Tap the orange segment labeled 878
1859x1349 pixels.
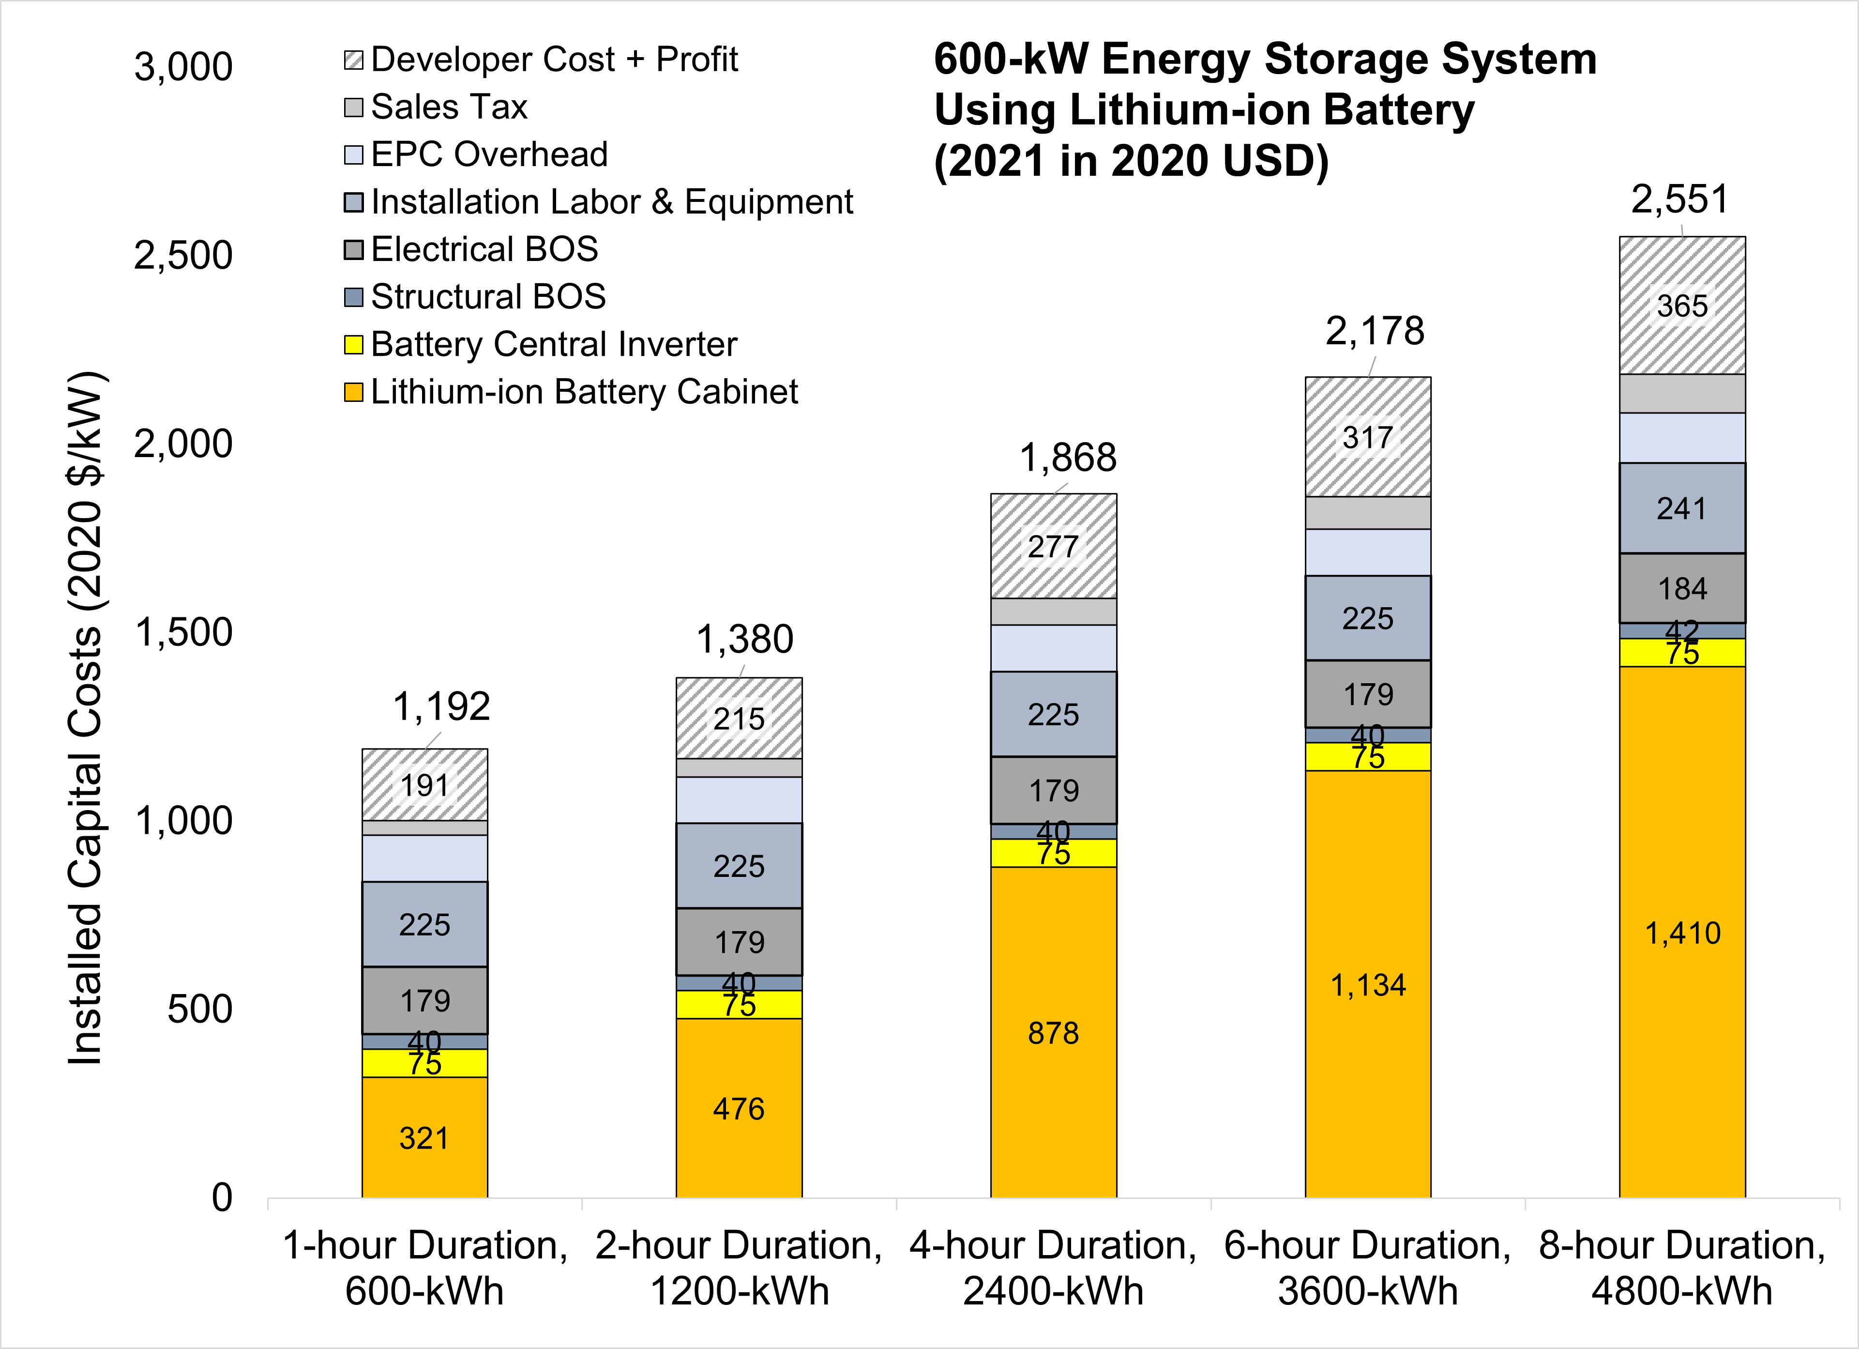1053,1032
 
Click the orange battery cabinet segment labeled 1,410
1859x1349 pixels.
1682,933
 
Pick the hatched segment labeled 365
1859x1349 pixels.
1682,306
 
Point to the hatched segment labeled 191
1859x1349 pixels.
424,785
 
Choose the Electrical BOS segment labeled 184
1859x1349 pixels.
1682,588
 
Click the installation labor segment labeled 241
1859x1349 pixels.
1682,508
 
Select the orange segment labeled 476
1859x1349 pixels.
739,1109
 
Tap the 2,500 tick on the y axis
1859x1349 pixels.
183,256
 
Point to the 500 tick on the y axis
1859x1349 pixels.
200,1010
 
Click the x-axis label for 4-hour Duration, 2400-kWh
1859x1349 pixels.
1053,1268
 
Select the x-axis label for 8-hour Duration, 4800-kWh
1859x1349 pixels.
1682,1268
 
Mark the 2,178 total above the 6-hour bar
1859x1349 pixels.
1375,331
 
